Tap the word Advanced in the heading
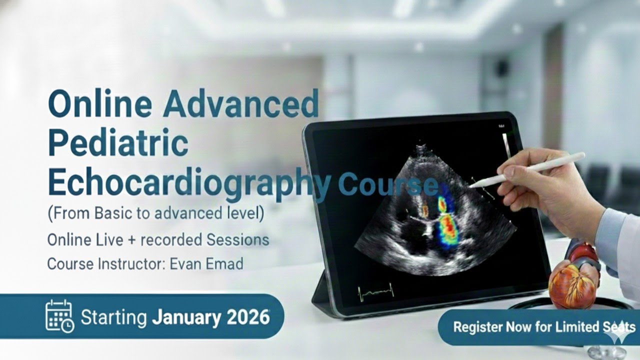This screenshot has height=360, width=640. (x=240, y=104)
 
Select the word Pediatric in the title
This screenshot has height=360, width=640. (x=118, y=143)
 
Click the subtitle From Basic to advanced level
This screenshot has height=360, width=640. (x=155, y=213)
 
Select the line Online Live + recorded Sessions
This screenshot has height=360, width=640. (x=158, y=239)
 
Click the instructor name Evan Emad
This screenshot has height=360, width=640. (x=206, y=263)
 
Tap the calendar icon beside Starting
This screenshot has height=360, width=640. (x=59, y=316)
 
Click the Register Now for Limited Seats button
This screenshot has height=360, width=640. (x=537, y=327)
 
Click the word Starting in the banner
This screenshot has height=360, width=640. (x=113, y=317)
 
